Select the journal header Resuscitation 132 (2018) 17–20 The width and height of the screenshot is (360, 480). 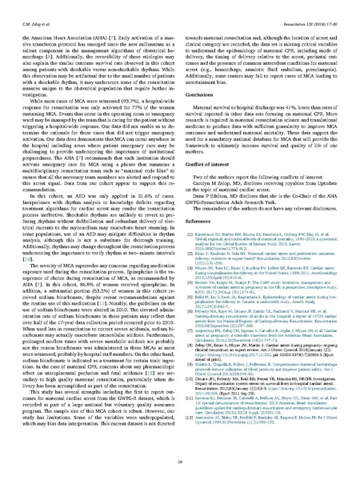pos(317,6)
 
